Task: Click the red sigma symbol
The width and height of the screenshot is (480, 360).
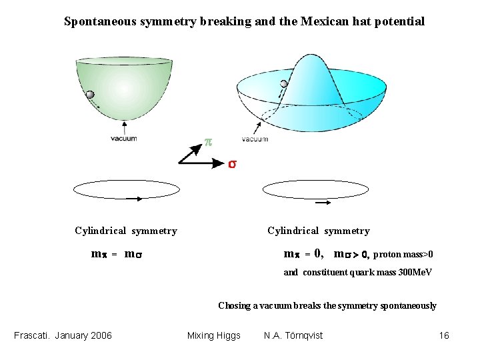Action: (x=232, y=163)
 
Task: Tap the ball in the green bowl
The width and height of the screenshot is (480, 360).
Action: (x=91, y=95)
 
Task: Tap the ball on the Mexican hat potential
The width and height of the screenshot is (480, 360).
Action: (x=285, y=83)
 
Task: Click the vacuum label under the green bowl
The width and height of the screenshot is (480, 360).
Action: (x=124, y=139)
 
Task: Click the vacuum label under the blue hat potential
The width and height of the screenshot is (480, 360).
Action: (x=255, y=139)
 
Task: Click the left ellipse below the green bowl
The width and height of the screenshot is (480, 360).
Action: (x=127, y=189)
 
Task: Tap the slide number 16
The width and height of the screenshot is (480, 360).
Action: (x=444, y=335)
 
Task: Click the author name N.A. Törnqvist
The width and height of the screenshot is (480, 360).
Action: (x=293, y=335)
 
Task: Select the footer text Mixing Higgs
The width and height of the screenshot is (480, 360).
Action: (x=214, y=335)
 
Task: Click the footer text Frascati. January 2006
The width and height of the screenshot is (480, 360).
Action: (x=63, y=335)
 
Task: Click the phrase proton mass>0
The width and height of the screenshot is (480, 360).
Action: (x=403, y=254)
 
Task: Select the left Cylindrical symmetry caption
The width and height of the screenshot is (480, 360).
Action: (x=126, y=231)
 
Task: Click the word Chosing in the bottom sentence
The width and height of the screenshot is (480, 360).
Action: (x=233, y=306)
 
